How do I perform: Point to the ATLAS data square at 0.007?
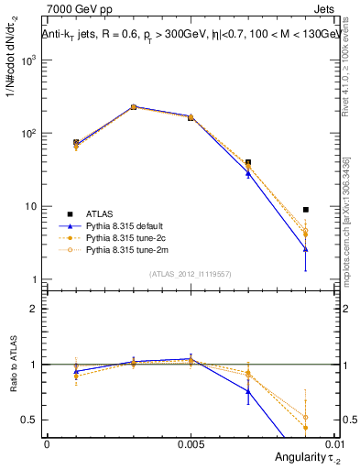tap(247, 163)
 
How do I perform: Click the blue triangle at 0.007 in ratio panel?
tap(247, 391)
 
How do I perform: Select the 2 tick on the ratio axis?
tap(33, 309)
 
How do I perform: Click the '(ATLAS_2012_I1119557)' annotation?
tap(190, 274)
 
